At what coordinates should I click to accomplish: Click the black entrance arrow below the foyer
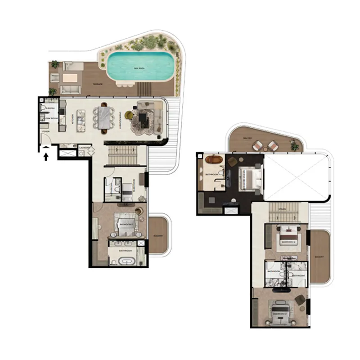45,156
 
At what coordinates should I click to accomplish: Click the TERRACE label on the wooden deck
99,84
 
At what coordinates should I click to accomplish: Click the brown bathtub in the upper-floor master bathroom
213,159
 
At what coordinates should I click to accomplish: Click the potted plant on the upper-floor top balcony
294,145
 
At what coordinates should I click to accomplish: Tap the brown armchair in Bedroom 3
299,297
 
